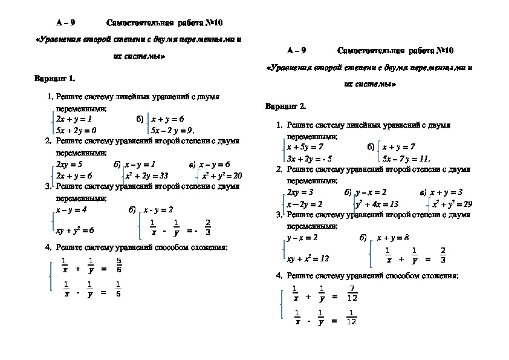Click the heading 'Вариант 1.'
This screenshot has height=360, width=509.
tap(55, 78)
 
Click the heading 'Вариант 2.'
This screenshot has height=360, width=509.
tap(286, 106)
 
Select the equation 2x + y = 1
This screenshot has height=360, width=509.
tap(74, 119)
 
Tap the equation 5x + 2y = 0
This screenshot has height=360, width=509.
tap(76, 130)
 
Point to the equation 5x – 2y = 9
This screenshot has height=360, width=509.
tap(172, 130)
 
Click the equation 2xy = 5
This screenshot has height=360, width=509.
tap(69, 164)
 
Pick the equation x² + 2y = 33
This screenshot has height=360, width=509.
tap(146, 175)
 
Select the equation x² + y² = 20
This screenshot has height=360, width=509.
tap(222, 175)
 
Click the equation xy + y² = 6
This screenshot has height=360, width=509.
tap(75, 230)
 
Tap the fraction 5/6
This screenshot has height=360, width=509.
tap(118, 265)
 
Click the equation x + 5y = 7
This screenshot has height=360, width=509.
tap(305, 147)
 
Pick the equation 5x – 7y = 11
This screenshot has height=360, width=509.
tap(406, 159)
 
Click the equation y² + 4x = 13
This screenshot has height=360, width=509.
tap(377, 204)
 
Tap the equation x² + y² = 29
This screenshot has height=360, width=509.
tap(452, 204)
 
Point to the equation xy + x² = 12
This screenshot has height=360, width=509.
tap(308, 258)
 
